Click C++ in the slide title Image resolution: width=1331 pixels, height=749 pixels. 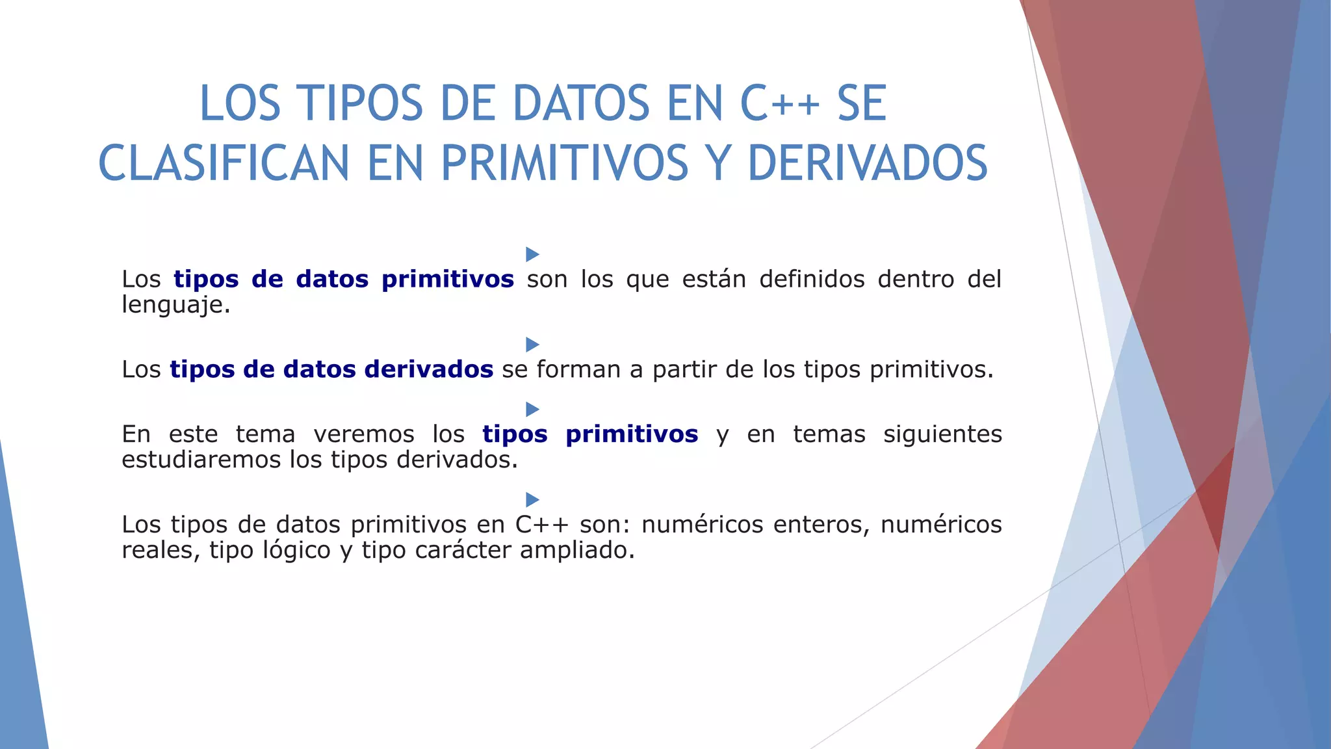click(780, 104)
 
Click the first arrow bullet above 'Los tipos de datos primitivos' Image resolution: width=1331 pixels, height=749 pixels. click(532, 254)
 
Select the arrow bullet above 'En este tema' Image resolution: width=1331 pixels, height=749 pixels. click(532, 409)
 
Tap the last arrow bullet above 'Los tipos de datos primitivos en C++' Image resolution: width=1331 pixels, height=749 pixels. click(532, 499)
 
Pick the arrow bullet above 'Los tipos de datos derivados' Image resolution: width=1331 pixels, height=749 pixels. click(532, 344)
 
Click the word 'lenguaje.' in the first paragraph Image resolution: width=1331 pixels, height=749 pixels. click(176, 305)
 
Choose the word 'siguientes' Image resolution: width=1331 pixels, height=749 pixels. click(942, 434)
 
